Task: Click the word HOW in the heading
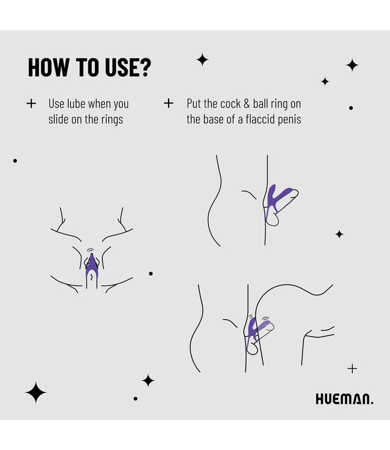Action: [x=49, y=67]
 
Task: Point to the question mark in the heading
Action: [x=143, y=67]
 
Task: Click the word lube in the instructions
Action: [x=76, y=104]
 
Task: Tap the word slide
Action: [x=58, y=119]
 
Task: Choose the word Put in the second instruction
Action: [x=194, y=104]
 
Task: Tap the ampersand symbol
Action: [x=247, y=104]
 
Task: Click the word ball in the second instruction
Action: [x=260, y=104]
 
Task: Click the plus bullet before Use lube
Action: [x=31, y=104]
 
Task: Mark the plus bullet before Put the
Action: [x=169, y=103]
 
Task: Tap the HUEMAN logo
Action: [x=344, y=399]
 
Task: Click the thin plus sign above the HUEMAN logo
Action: [x=352, y=368]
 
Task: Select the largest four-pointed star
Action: [x=35, y=392]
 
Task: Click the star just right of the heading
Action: [x=202, y=59]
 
